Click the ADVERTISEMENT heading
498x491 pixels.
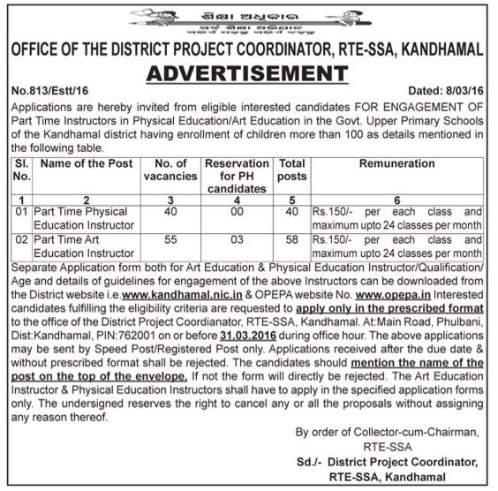[248, 72]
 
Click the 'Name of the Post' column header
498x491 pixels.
[87, 164]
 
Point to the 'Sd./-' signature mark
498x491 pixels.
[310, 462]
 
